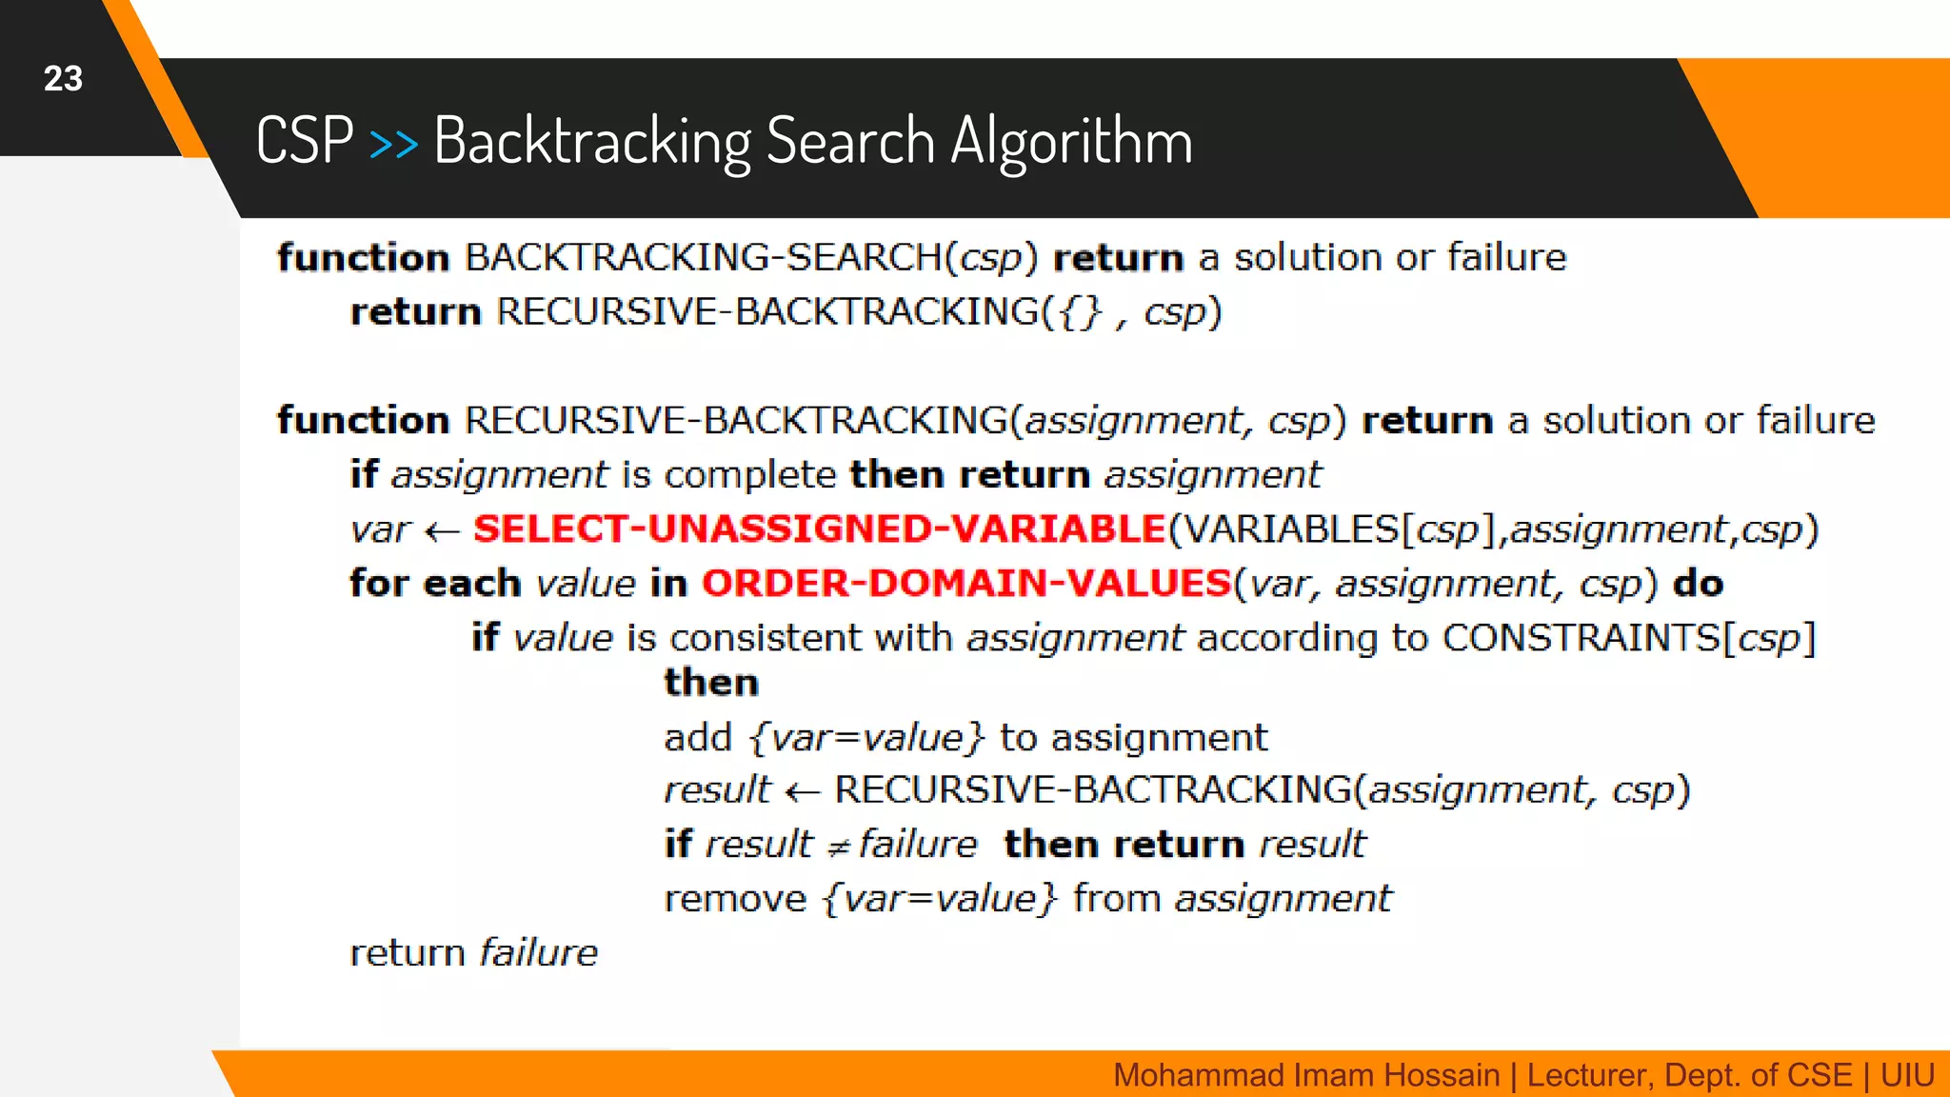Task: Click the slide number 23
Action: pos(63,78)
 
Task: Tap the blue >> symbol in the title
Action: pos(393,144)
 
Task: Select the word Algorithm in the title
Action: pos(1071,141)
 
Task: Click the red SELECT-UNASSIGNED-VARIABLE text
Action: pos(819,529)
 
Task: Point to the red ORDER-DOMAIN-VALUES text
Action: pos(966,584)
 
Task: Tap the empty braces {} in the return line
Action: pos(1080,312)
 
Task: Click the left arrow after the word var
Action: pos(442,531)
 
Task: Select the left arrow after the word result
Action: pos(803,791)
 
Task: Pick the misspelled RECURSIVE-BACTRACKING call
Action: pos(1092,790)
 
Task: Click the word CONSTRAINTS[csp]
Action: pos(1628,638)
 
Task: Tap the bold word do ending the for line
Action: pos(1698,584)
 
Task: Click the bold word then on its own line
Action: pos(711,683)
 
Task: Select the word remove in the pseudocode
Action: pos(735,899)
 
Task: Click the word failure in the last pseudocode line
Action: pos(538,953)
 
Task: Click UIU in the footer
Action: pos(1906,1075)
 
